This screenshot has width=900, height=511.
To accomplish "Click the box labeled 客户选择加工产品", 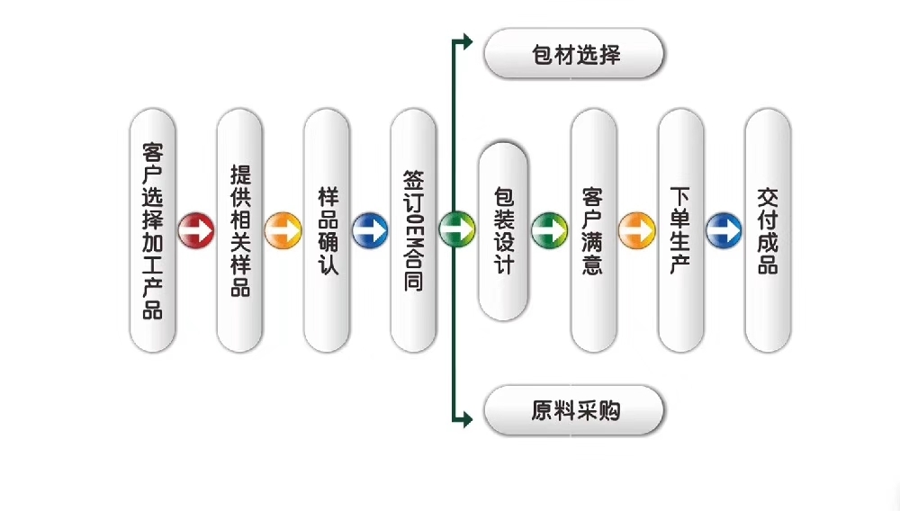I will coord(152,230).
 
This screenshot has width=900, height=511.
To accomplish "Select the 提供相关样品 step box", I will coord(239,230).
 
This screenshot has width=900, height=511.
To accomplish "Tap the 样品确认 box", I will coord(327,230).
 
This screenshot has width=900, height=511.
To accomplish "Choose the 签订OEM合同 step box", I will coord(413,230).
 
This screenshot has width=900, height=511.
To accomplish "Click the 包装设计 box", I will coord(503,230).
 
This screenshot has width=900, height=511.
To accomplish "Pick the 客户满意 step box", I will coord(593,230).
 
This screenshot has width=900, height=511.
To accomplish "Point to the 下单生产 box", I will coord(680,230).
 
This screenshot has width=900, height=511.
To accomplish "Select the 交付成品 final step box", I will coord(768,230).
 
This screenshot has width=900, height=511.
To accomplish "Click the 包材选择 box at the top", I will coord(574,56).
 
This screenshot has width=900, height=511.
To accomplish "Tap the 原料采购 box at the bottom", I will coord(574,412).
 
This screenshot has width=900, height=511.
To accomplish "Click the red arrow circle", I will coord(195,229).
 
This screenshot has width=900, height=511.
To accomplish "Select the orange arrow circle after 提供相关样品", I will coord(283,229).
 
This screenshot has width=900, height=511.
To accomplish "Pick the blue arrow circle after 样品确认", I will coord(370,229).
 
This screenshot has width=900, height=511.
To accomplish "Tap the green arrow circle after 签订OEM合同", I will coord(456,229).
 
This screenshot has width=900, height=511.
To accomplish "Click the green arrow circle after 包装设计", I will coord(548,229).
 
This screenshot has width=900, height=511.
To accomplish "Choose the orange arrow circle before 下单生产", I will coord(636,229).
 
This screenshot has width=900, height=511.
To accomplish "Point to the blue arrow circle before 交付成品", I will coord(724,229).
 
